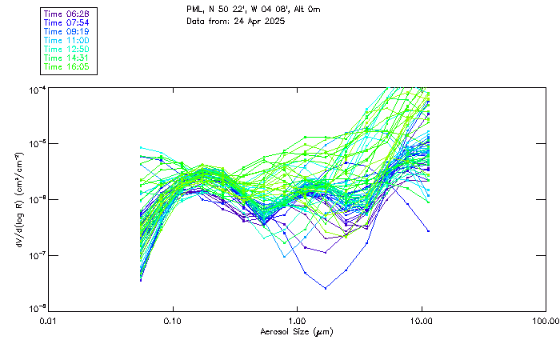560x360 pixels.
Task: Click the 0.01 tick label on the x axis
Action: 49,320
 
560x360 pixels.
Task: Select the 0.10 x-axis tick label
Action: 173,320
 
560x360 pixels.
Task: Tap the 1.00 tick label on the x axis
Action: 298,320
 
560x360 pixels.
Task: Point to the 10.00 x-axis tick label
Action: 422,320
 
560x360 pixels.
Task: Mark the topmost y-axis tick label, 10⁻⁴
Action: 36,89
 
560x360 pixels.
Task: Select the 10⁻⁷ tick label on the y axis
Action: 36,255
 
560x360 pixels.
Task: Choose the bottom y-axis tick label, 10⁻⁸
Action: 36,308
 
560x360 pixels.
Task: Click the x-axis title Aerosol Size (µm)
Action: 297,331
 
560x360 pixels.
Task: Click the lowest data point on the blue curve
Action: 326,287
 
